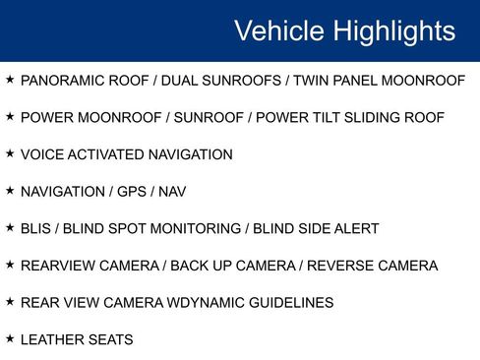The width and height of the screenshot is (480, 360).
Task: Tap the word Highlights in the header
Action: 394,30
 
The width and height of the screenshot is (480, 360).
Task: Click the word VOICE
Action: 40,154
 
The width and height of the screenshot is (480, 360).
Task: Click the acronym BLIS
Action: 36,229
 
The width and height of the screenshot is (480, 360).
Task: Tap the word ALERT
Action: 355,229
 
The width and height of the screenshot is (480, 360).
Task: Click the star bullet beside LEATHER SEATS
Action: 10,339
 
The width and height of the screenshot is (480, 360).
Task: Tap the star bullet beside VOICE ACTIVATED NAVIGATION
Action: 10,153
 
